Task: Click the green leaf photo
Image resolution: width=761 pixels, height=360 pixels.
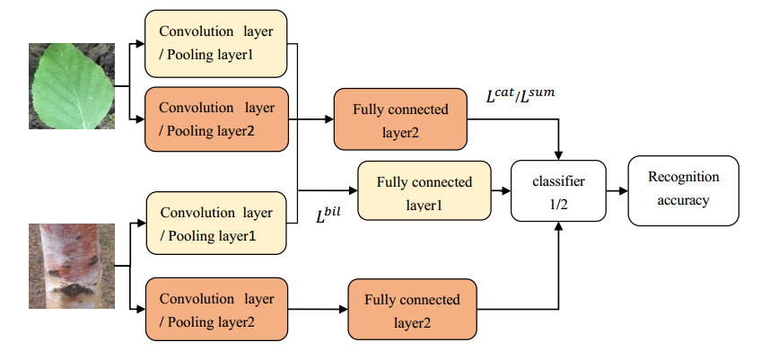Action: (x=72, y=86)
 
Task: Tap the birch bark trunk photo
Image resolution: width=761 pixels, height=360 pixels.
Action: (x=72, y=266)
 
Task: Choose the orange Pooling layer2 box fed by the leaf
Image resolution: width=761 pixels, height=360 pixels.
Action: (x=216, y=117)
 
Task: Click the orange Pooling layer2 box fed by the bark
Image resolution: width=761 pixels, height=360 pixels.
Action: (x=216, y=307)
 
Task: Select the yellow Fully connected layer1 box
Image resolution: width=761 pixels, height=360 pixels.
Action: (x=424, y=191)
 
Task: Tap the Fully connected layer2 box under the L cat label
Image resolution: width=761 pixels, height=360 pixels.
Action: (x=400, y=119)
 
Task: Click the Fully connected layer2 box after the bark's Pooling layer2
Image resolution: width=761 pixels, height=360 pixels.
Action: (x=411, y=308)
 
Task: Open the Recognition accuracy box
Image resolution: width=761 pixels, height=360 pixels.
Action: (x=684, y=190)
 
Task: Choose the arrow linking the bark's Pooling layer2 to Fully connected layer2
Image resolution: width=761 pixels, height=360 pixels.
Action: (x=318, y=308)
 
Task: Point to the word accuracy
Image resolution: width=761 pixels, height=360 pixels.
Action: (x=684, y=201)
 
